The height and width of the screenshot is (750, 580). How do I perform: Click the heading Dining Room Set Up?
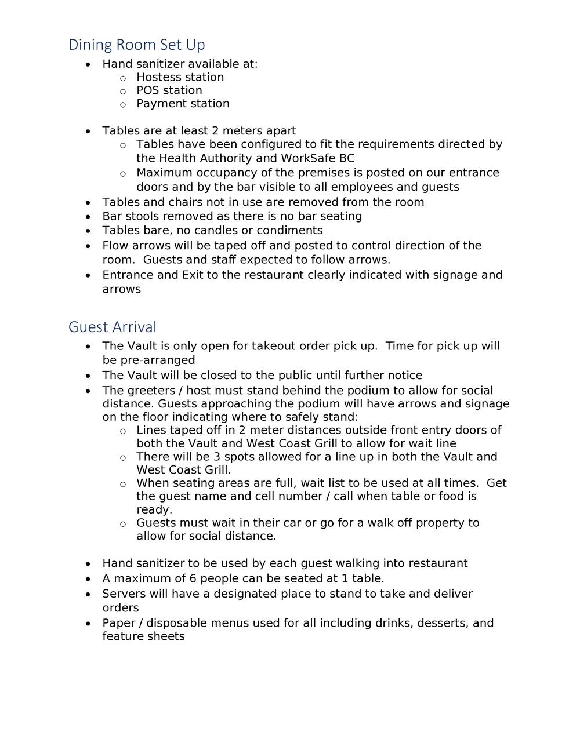(136, 45)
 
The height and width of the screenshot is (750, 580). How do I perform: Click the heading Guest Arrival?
(113, 327)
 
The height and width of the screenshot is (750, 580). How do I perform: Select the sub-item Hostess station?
(180, 77)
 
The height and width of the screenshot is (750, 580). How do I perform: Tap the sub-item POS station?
(169, 90)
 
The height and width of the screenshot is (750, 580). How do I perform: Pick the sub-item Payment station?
(183, 104)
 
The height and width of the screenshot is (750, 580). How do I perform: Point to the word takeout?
(273, 346)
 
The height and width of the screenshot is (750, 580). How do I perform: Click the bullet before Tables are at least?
(88, 132)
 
